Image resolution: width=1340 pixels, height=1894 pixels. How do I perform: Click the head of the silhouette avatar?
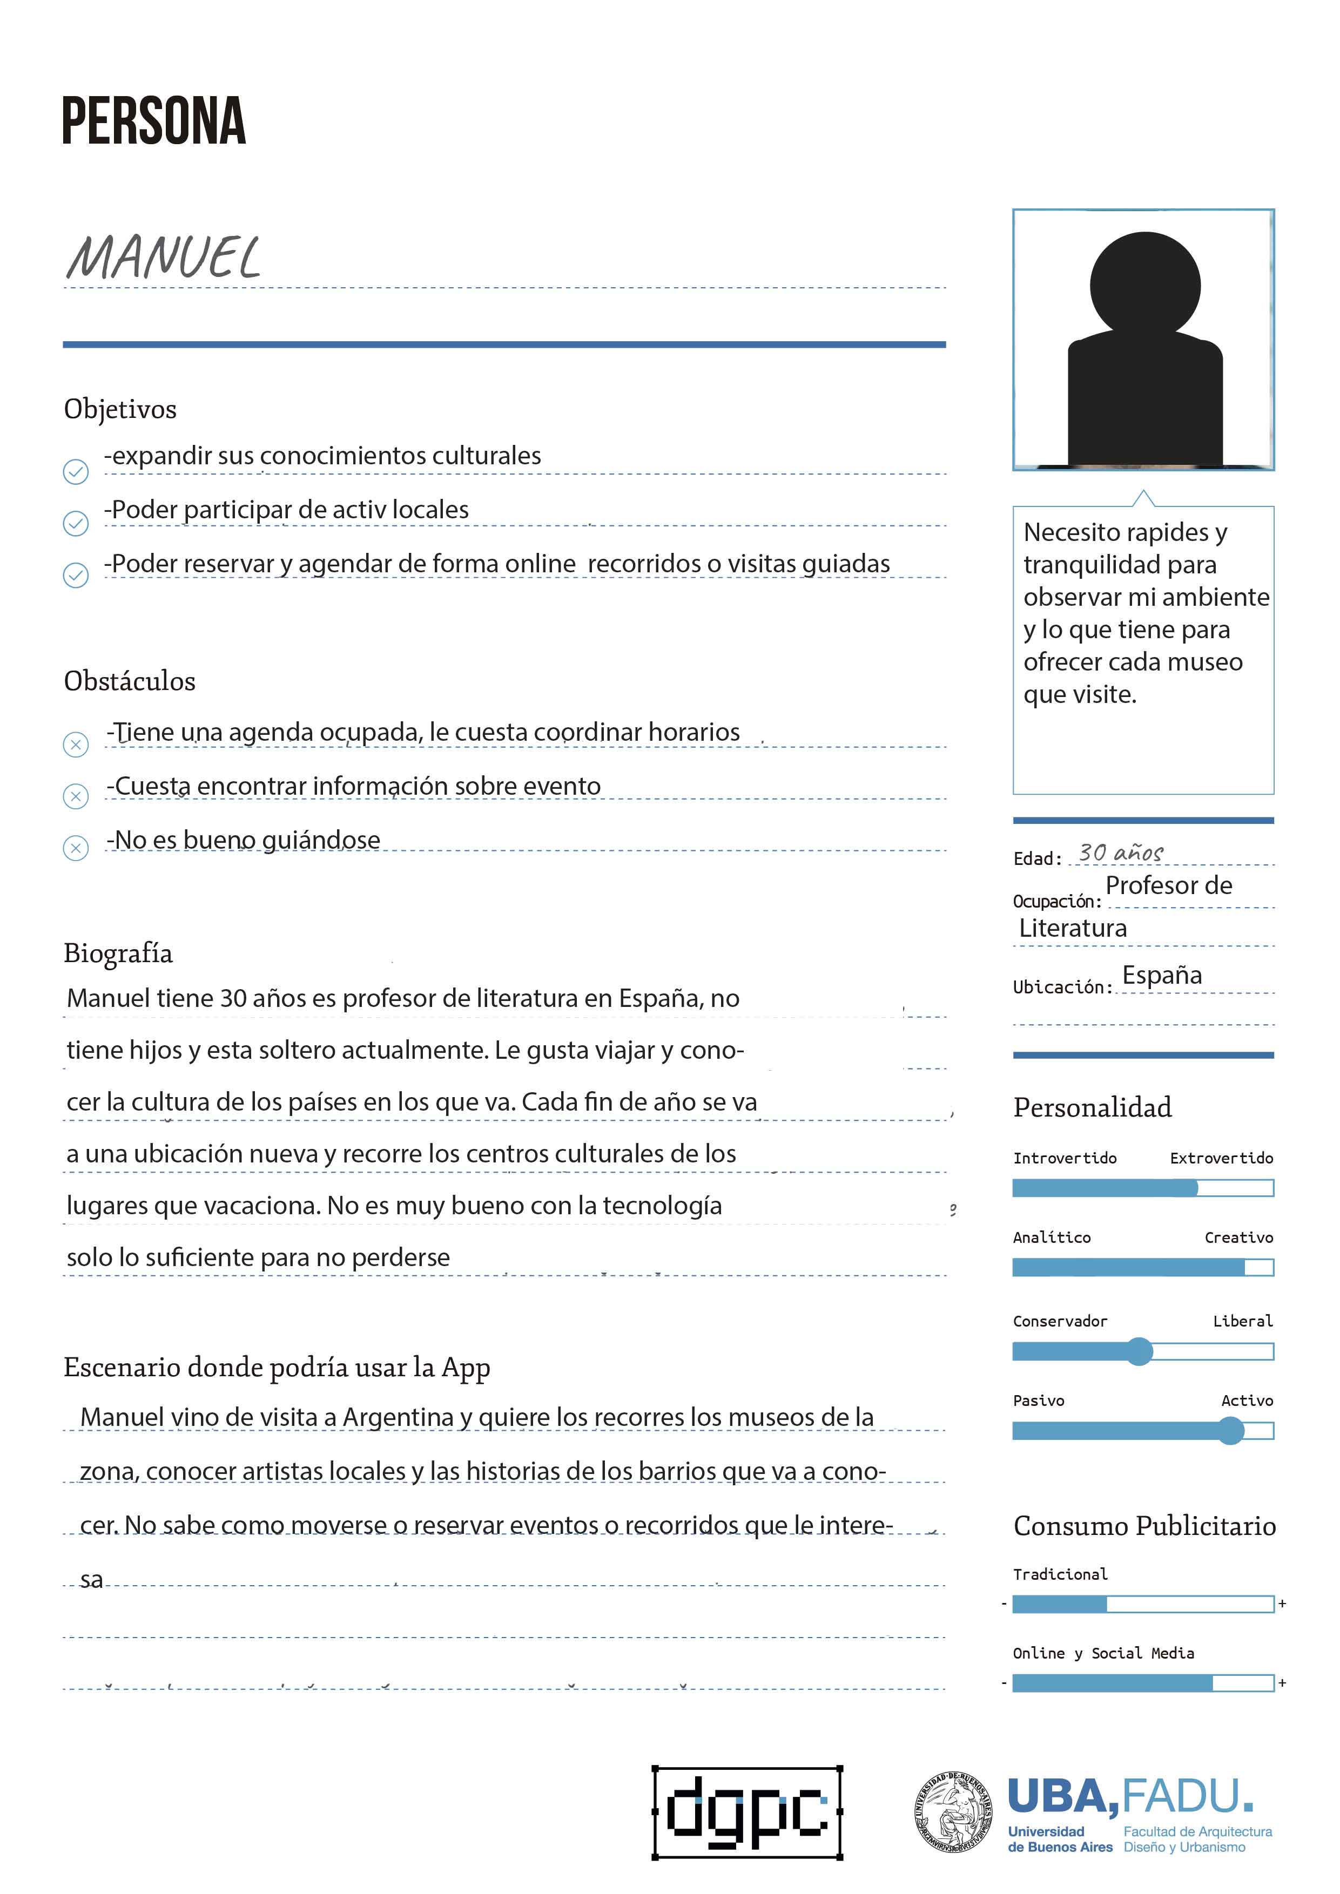[x=1144, y=286]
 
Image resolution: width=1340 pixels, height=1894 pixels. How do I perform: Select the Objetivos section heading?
[x=120, y=409]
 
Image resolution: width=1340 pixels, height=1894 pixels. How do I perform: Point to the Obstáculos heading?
[x=130, y=681]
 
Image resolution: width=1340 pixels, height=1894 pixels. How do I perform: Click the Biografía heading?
[x=118, y=953]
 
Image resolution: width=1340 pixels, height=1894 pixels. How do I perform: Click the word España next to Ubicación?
[x=1162, y=975]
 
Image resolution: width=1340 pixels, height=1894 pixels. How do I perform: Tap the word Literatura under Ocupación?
[x=1073, y=928]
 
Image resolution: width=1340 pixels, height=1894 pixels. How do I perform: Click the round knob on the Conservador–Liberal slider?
[x=1140, y=1351]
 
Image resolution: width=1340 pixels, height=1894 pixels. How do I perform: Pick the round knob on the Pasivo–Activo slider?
[x=1230, y=1430]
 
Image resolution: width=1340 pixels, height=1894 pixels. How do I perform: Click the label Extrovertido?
[x=1221, y=1158]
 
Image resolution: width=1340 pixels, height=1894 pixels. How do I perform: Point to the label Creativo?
[x=1238, y=1237]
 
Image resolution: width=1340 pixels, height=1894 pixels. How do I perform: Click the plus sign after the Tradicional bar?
[x=1282, y=1604]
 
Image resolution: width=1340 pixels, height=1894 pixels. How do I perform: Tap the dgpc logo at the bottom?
[x=748, y=1813]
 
